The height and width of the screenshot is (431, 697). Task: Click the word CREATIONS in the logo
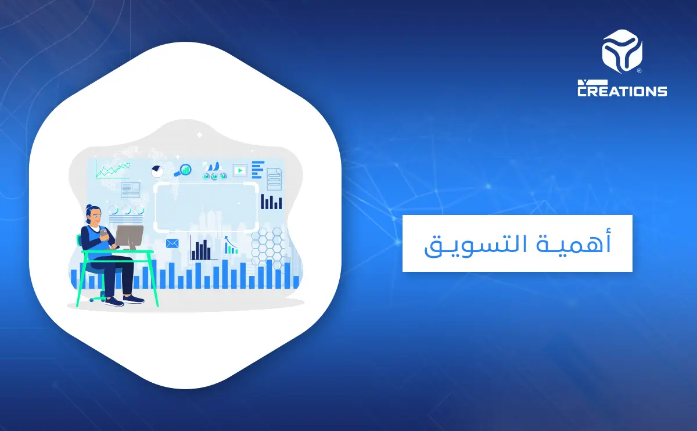pos(622,91)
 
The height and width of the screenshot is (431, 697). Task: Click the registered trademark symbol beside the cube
pos(639,71)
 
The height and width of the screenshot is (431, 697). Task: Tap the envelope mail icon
pos(172,243)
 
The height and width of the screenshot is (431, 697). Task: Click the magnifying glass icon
pos(185,170)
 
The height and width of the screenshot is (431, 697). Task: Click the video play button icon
pos(240,170)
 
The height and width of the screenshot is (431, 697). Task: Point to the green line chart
pos(113,170)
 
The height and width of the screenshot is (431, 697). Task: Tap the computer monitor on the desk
pos(129,237)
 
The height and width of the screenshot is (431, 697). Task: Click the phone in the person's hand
pos(103,232)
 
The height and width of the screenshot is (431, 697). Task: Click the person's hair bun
pos(89,207)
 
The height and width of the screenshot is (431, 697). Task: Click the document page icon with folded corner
pos(274,178)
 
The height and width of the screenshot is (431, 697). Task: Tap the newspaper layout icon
pos(131,189)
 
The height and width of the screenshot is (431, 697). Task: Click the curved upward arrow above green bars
pos(228,239)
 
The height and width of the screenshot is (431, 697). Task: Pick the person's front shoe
pos(134,299)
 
